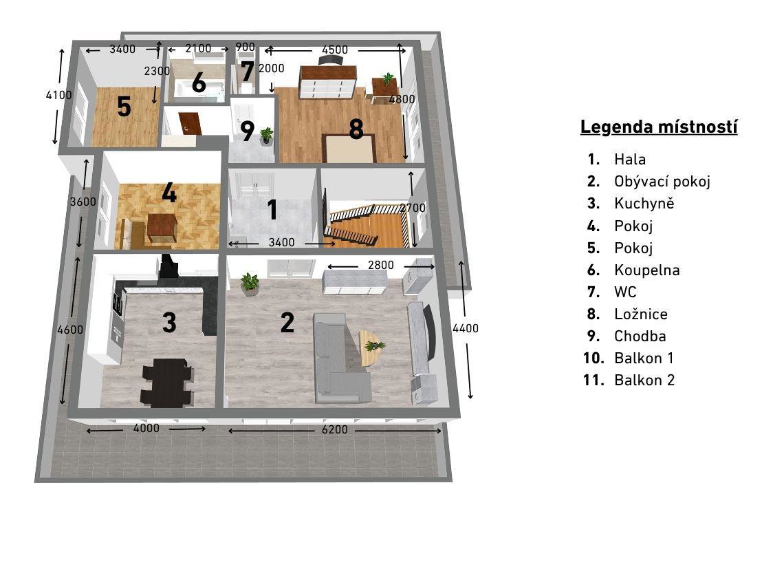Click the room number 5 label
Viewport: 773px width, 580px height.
[x=124, y=106]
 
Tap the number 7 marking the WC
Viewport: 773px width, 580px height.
[x=247, y=71]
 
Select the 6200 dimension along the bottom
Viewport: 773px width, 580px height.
[x=335, y=429]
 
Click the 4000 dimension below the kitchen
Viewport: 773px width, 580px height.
[x=146, y=428]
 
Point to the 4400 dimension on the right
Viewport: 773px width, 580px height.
[x=466, y=328]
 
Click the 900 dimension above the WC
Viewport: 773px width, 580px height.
[x=245, y=47]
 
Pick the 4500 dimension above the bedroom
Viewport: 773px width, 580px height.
[x=335, y=50]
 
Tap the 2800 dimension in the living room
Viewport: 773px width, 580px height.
[x=380, y=266]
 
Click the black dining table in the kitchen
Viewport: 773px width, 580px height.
[x=166, y=383]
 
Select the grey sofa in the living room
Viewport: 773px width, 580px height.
[x=341, y=358]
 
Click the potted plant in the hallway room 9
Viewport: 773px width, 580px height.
[x=266, y=135]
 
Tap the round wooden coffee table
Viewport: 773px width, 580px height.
[x=372, y=347]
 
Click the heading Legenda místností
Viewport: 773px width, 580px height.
[x=659, y=127]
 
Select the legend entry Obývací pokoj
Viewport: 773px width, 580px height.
[x=662, y=182]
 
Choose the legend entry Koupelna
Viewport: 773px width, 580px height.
[x=646, y=270]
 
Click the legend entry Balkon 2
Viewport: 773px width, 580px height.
[x=644, y=380]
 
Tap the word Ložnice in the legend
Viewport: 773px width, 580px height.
[x=641, y=314]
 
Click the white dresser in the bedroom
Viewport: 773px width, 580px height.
[x=327, y=82]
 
